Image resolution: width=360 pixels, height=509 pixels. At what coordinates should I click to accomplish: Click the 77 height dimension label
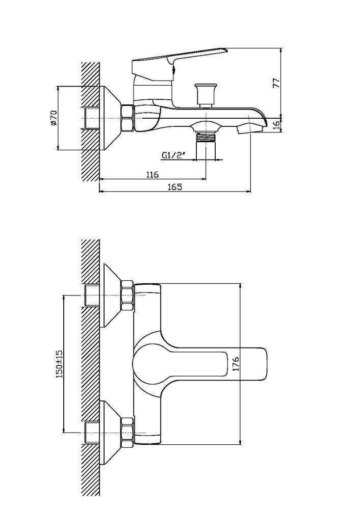pyautogui.click(x=276, y=83)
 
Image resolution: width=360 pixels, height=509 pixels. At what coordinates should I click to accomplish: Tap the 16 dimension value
pyautogui.click(x=276, y=125)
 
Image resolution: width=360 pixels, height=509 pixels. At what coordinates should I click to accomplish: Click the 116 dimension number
pyautogui.click(x=152, y=175)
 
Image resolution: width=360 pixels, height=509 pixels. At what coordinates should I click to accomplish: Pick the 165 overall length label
pyautogui.click(x=175, y=187)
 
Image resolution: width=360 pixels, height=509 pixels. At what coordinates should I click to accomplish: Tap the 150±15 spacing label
pyautogui.click(x=60, y=364)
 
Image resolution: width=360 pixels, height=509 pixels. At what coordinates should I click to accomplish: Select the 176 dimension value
pyautogui.click(x=236, y=364)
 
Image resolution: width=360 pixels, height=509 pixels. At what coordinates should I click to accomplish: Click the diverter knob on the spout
pyautogui.click(x=205, y=95)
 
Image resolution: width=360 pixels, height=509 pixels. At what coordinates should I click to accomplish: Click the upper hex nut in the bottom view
pyautogui.click(x=127, y=296)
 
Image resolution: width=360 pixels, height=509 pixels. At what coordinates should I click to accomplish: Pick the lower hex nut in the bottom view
pyautogui.click(x=127, y=433)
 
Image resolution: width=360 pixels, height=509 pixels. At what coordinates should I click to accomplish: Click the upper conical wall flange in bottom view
pyautogui.click(x=112, y=296)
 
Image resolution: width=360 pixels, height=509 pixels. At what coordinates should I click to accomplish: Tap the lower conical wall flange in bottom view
pyautogui.click(x=112, y=433)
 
